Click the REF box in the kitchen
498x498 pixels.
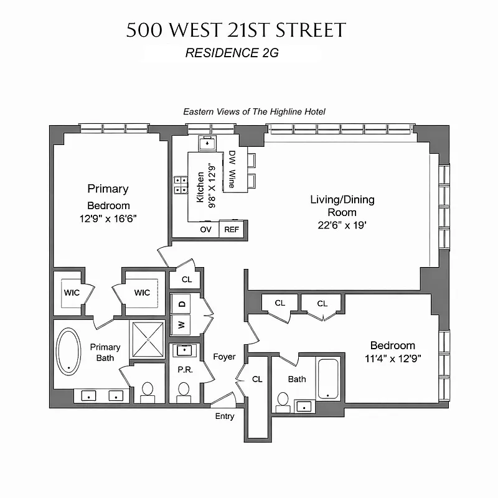click(232, 229)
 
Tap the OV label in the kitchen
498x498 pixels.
click(205, 229)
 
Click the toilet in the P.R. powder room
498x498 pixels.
click(184, 391)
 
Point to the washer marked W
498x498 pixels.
click(182, 324)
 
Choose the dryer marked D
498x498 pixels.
click(182, 304)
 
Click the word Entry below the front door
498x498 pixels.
click(225, 416)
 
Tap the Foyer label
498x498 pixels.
click(224, 357)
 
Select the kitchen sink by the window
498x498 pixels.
click(206, 143)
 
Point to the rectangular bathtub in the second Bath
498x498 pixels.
click(327, 378)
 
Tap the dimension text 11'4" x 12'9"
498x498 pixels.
click(392, 359)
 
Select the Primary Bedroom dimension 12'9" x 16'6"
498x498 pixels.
click(108, 218)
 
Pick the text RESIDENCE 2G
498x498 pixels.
click(232, 53)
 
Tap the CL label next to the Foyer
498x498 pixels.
click(258, 378)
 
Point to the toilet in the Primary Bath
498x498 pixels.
click(148, 391)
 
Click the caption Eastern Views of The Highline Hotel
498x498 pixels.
click(254, 111)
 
